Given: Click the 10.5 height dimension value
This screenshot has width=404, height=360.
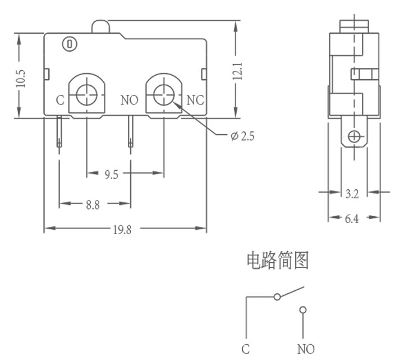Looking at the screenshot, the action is [21, 79].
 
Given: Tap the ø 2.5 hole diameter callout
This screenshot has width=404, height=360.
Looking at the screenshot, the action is [242, 136].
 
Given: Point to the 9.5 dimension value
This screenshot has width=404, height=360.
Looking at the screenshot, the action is [111, 175].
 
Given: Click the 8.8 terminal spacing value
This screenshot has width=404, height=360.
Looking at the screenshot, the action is [93, 205].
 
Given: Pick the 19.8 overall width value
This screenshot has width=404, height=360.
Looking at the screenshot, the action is [122, 230].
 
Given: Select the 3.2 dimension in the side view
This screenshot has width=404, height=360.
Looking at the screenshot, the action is [352, 194].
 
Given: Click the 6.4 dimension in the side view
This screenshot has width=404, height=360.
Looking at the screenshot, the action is [352, 218].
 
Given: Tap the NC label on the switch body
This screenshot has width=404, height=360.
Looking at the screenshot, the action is [195, 100].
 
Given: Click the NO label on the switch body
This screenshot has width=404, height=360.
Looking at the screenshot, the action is [130, 100].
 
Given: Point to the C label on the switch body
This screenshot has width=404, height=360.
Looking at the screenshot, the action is [60, 100].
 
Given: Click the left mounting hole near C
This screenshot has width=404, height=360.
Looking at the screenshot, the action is [87, 95].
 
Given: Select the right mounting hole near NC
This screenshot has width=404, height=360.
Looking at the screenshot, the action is [164, 95].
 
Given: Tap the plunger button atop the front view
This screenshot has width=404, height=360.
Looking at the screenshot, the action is [100, 26].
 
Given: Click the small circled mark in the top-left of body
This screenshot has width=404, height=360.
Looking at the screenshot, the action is [70, 44].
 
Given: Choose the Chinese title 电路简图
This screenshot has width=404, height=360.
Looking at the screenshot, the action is [278, 261].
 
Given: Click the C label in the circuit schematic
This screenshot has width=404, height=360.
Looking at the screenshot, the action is [246, 349].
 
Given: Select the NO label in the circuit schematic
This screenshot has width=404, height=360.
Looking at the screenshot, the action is [306, 349].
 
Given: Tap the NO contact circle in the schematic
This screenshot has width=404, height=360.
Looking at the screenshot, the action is [303, 309].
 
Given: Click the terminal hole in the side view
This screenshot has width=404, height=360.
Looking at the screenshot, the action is [354, 136].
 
